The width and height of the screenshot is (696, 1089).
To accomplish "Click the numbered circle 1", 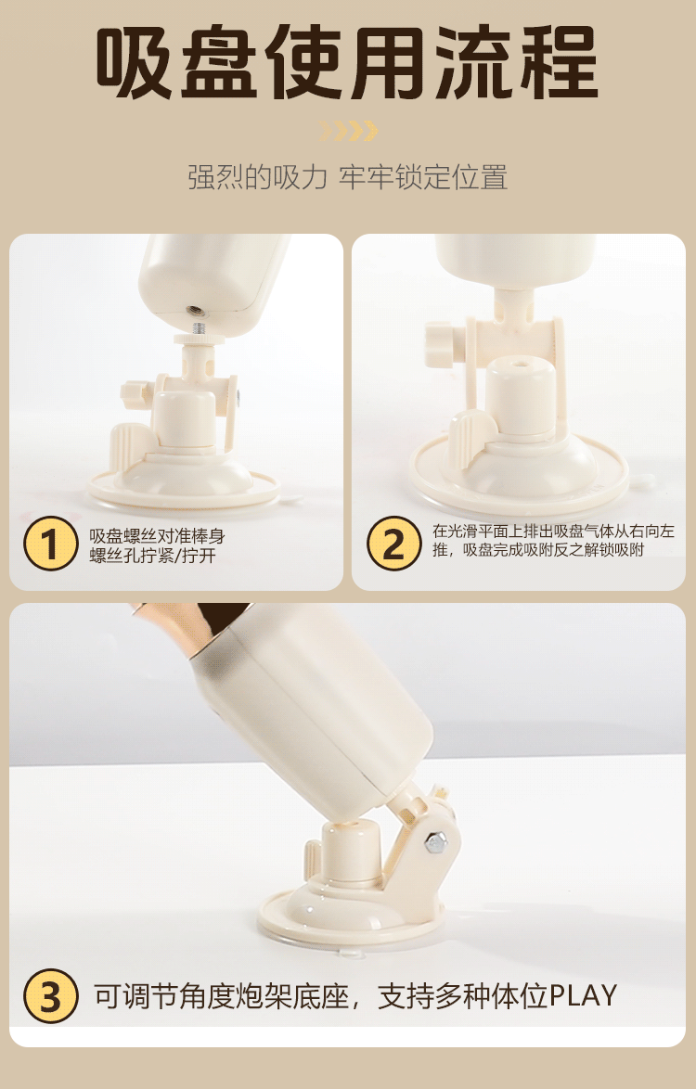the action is point(51,544).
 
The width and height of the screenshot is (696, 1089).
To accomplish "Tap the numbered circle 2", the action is point(393,544).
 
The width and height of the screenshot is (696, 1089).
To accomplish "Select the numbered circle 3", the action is point(51,996).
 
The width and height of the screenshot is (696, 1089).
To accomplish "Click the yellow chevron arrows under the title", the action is point(348,131).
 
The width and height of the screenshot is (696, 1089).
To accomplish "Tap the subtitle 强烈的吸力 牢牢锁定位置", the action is point(348,177).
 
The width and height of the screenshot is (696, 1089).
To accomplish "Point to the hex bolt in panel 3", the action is point(435,843).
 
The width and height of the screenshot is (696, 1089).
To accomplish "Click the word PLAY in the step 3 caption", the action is point(583,996).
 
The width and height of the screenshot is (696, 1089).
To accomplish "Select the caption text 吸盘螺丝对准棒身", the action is point(157,537).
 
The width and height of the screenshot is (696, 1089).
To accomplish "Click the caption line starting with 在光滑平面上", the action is point(554,532).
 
